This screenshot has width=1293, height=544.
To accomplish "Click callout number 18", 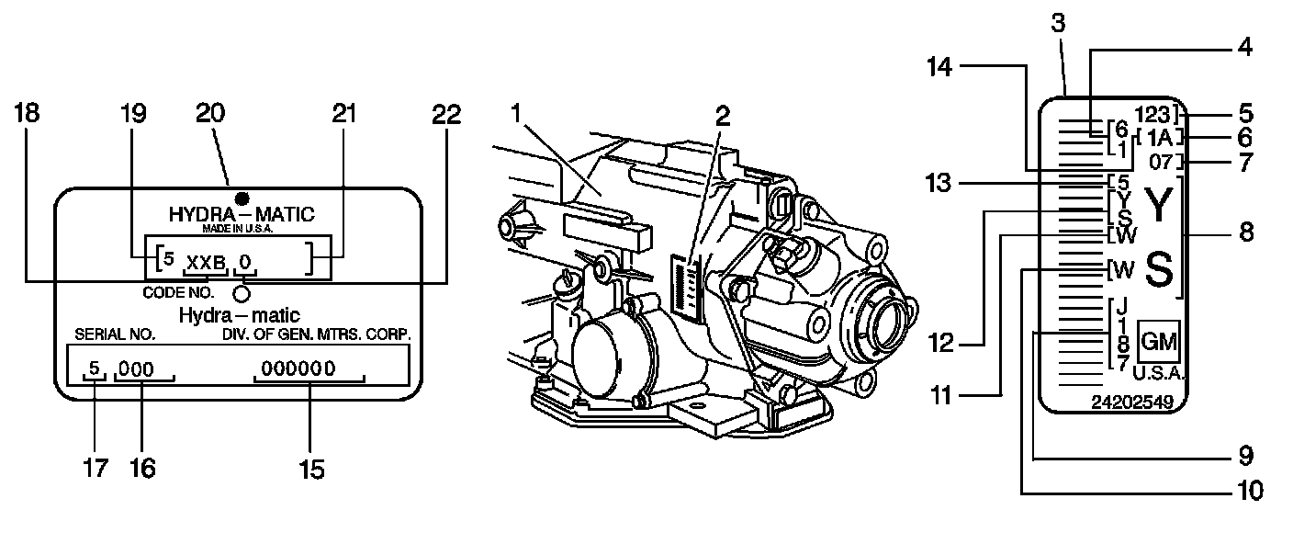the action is (x=27, y=114).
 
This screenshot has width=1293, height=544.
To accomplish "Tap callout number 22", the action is (x=445, y=114).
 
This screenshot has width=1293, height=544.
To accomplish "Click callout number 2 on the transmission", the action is (x=724, y=116).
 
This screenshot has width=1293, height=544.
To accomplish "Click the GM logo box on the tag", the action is (x=1157, y=342).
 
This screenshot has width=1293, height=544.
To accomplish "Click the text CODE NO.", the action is (x=178, y=293).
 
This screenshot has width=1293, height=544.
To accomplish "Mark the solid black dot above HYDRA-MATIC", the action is (x=242, y=198).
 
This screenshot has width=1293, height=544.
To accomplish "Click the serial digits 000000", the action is (x=298, y=369).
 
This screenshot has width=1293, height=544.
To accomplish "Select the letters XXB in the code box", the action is (x=206, y=263).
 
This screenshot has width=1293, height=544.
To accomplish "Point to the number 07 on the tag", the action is (x=1162, y=164).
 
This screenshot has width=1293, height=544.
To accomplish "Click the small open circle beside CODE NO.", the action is (x=242, y=293).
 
